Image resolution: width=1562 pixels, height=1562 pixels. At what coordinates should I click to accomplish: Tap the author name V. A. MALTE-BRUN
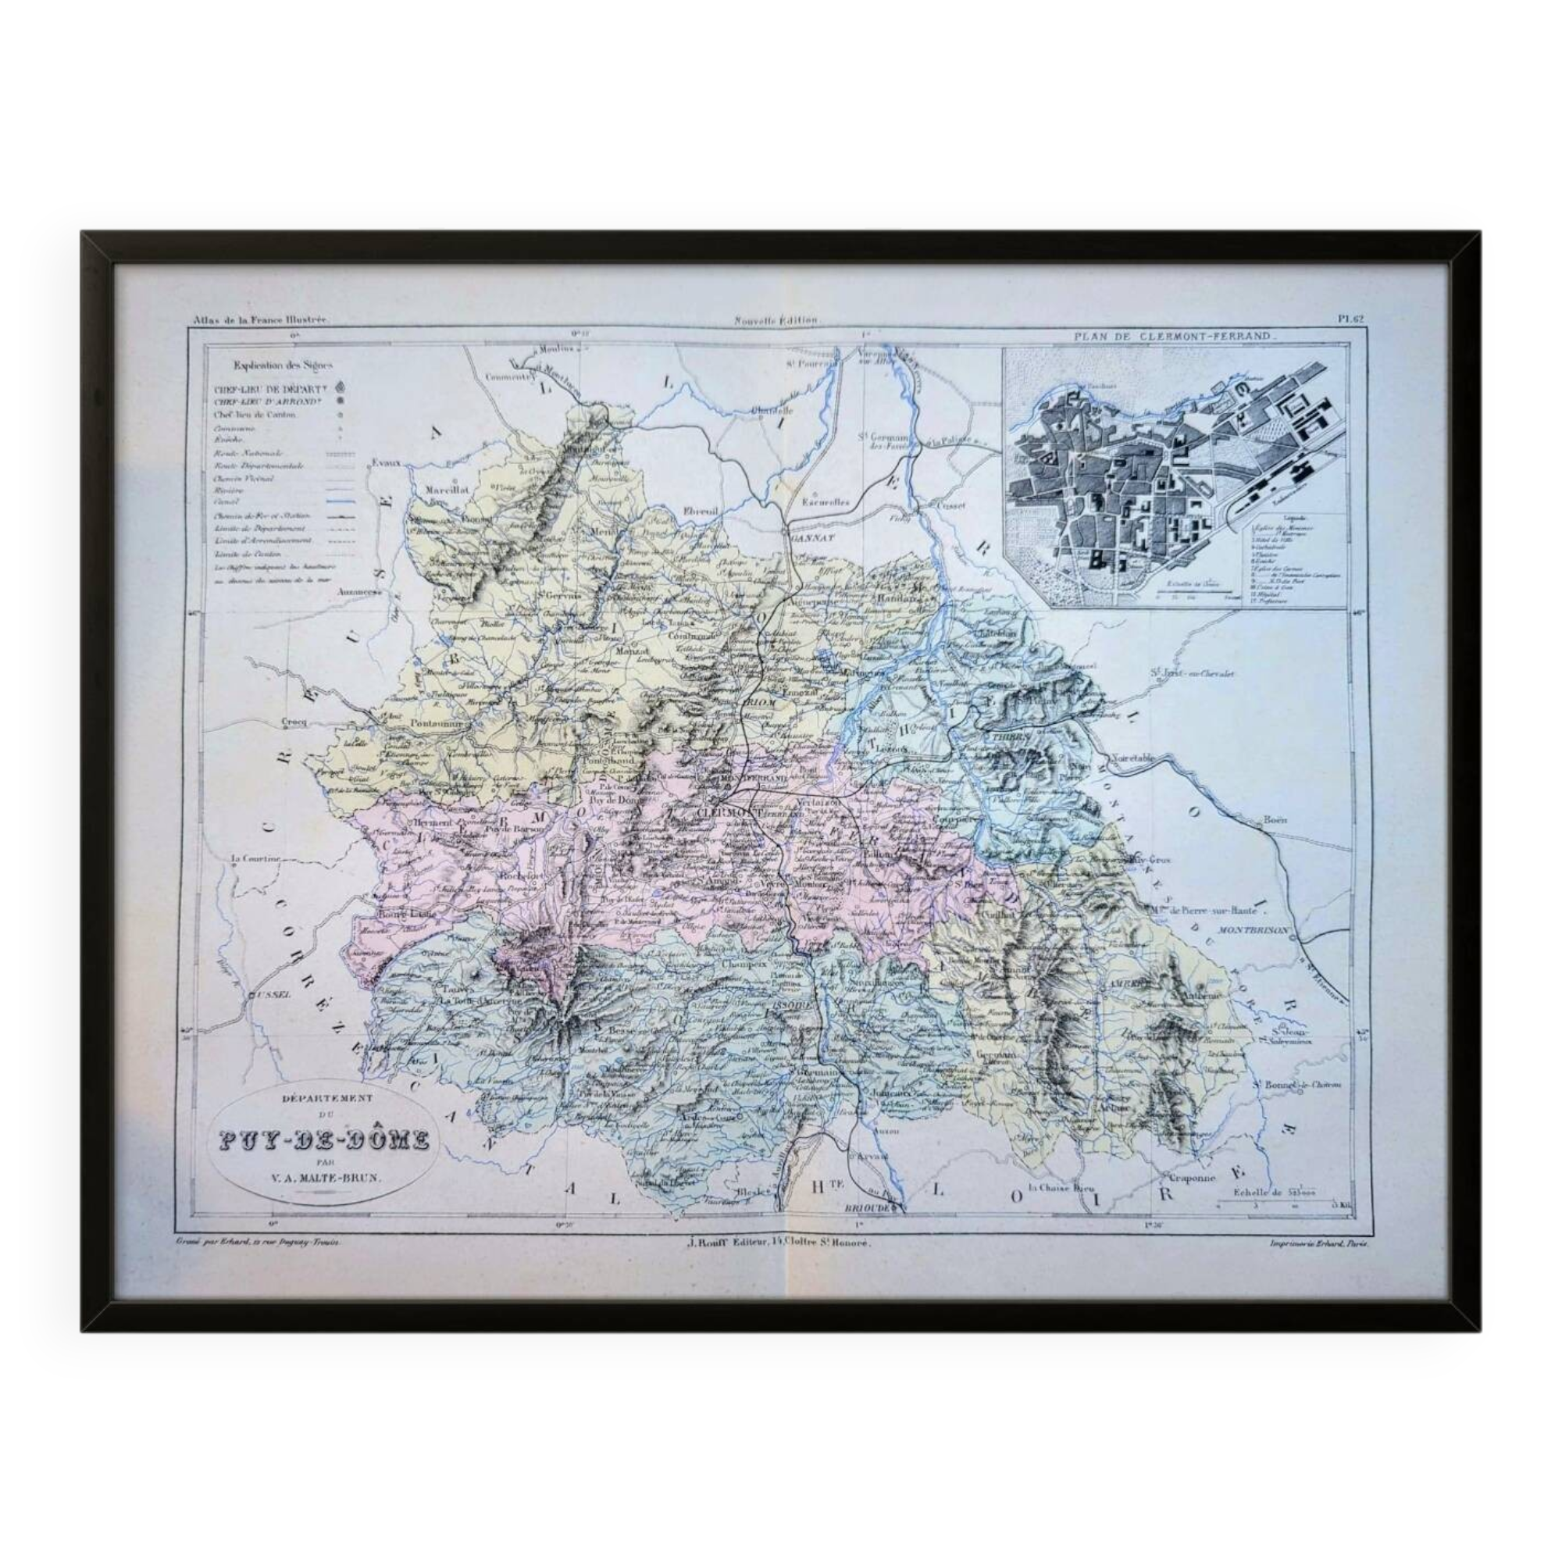click(326, 1177)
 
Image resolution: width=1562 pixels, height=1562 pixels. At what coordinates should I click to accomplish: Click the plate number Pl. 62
click(1350, 319)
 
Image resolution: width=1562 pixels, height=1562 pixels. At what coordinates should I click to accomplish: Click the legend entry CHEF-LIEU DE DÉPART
click(271, 387)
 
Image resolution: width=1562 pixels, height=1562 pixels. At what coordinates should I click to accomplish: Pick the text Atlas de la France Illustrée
click(260, 320)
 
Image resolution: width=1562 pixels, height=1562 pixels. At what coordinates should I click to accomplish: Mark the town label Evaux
click(387, 463)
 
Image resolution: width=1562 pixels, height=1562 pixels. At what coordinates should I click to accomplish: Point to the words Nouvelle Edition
click(776, 320)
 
